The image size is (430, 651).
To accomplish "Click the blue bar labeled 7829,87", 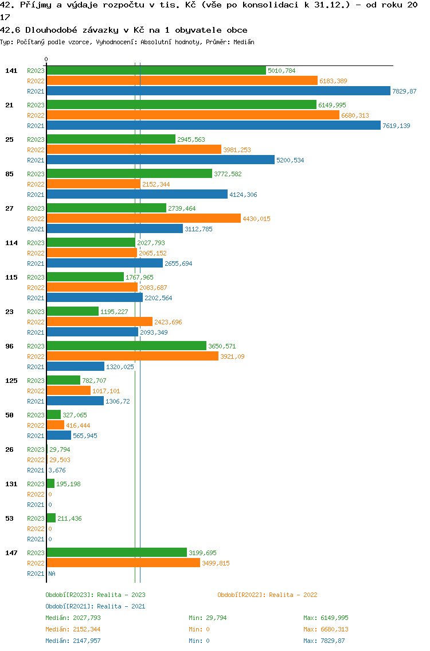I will (x=218, y=91).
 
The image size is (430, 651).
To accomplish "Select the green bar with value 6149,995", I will (x=181, y=105).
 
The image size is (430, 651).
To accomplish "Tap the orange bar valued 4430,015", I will (x=143, y=219).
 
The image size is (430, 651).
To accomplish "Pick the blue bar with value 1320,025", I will (x=75, y=367).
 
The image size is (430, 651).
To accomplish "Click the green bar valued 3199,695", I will (x=116, y=553).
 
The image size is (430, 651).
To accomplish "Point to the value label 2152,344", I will (x=156, y=184).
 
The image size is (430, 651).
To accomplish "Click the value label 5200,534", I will (x=290, y=160).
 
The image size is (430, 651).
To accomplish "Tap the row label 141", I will (x=11, y=71).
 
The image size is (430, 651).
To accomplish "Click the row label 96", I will (x=9, y=346).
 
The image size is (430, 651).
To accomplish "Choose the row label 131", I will (x=11, y=484).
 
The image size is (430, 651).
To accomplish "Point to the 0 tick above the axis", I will (x=46, y=59).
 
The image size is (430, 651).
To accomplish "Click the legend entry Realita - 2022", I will (x=267, y=595).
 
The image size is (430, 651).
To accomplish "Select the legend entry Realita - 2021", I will (x=95, y=606).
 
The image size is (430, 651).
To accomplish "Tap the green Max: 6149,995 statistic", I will (x=326, y=618).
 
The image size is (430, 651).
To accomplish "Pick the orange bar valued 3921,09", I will (x=132, y=356).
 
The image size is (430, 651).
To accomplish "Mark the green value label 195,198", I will (x=68, y=484).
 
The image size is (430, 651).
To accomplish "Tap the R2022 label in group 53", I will (x=36, y=529).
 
